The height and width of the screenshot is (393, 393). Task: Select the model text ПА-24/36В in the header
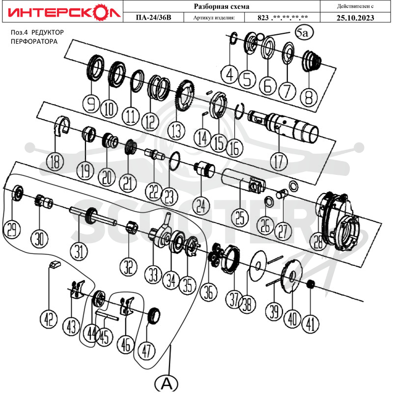tap(153, 18)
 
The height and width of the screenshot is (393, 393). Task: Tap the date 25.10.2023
tap(355, 18)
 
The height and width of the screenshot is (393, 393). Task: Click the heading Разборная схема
tap(222, 6)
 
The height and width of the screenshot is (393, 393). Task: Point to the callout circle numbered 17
tap(279, 162)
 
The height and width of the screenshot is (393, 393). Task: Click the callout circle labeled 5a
tap(304, 32)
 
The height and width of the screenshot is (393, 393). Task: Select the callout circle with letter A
tap(166, 384)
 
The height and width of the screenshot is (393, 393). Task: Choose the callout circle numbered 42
tap(49, 318)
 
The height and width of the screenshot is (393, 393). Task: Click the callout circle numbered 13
tap(176, 131)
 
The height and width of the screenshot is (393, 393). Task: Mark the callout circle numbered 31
tap(79, 252)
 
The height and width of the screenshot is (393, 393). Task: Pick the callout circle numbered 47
tap(146, 351)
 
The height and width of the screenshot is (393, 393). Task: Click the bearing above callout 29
tap(18, 193)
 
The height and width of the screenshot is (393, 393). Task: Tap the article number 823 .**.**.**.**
tap(282, 18)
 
